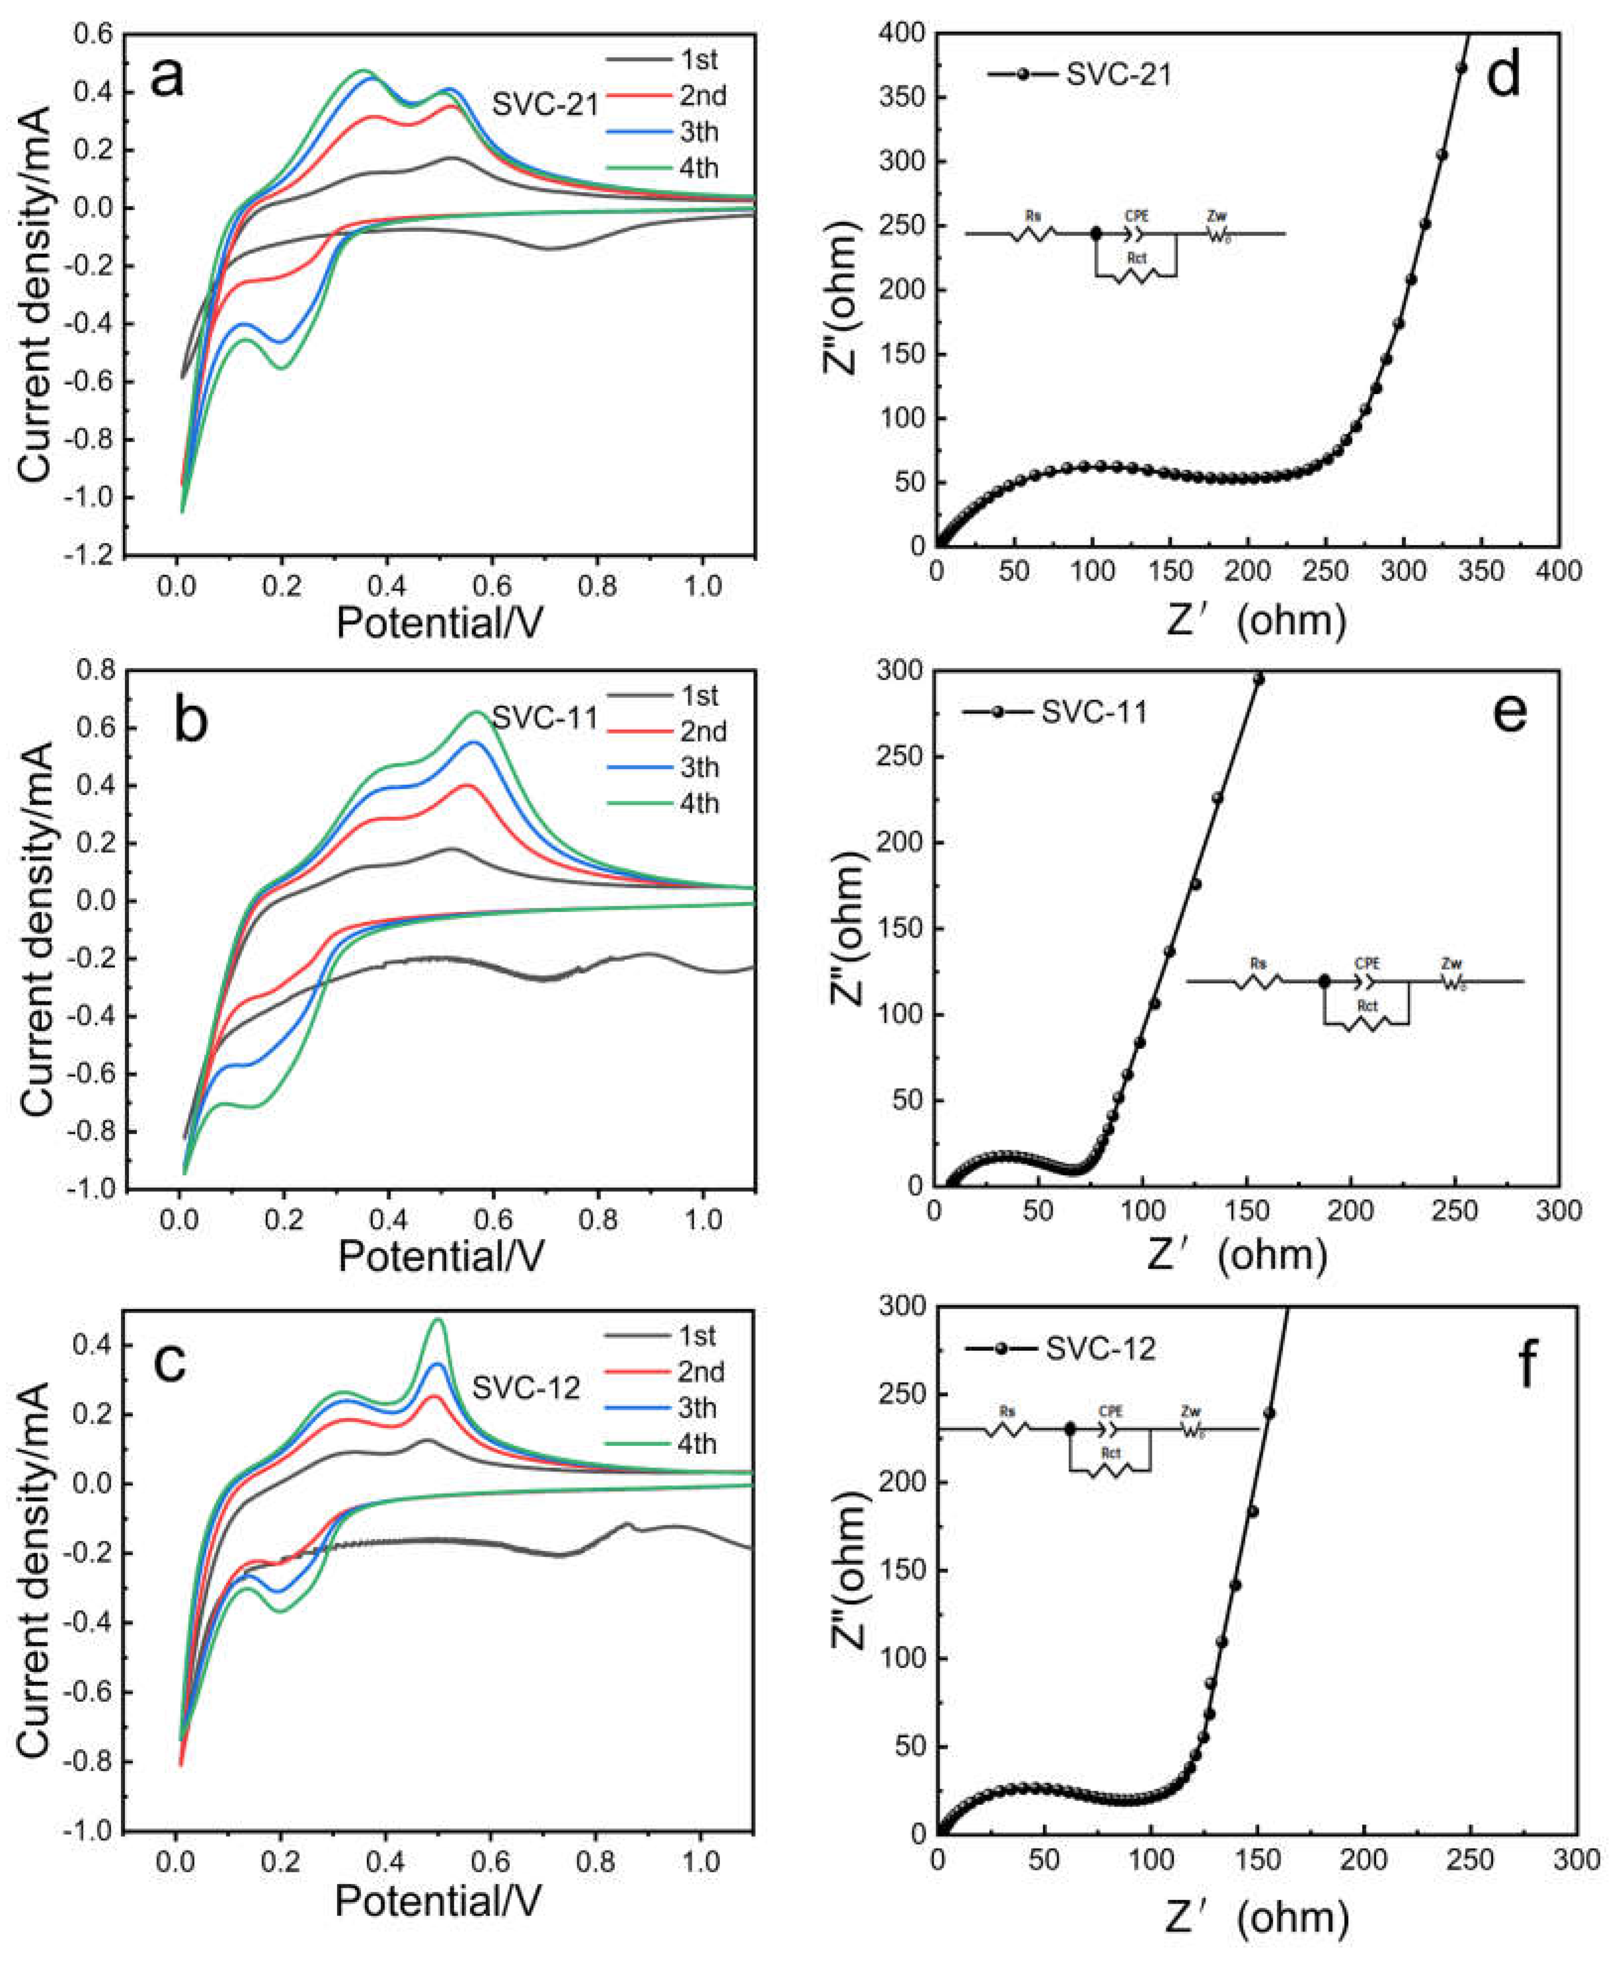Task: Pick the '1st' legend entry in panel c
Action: pyautogui.click(x=697, y=1335)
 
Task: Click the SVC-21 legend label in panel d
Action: pyautogui.click(x=1119, y=74)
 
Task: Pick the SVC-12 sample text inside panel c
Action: pyautogui.click(x=526, y=1387)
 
